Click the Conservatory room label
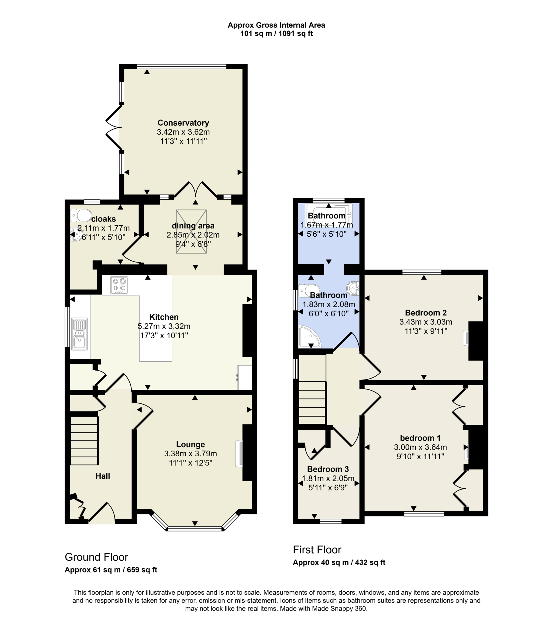coord(183,123)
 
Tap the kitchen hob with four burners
coord(119,285)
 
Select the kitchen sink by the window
coord(80,334)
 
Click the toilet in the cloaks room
coord(81,215)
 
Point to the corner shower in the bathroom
coord(309,337)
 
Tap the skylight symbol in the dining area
coord(191,231)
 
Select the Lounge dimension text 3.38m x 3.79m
coord(190,454)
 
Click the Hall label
coord(103,476)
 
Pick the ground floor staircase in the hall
coord(84,440)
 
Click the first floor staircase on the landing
coord(312,403)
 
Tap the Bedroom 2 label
coord(426,313)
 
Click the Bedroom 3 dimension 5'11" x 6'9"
coord(328,488)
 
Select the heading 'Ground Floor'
coord(96,557)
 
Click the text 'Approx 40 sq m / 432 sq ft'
coord(338,563)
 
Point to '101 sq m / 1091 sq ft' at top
coord(276,33)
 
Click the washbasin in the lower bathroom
coord(353,288)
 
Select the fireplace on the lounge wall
coord(240,454)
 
